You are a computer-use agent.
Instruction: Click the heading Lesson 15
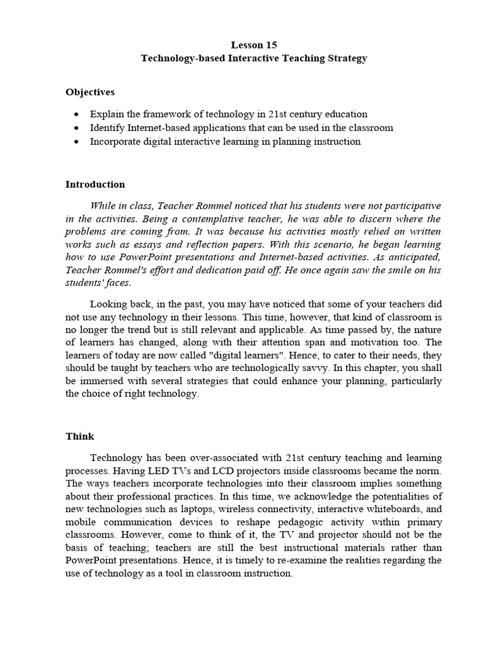253,45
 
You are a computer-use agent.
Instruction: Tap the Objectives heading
90,92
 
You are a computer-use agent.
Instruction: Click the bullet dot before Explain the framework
76,115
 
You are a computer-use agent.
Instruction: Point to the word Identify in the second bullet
107,128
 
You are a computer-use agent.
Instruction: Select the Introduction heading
95,185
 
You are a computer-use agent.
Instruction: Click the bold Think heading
79,437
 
